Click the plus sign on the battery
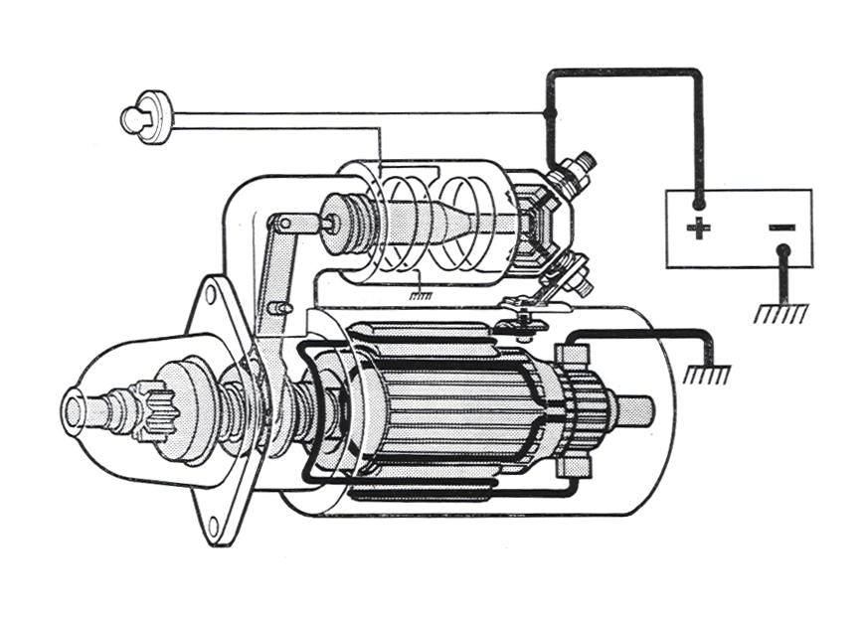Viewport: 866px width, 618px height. click(699, 229)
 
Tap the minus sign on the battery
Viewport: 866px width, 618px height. click(781, 228)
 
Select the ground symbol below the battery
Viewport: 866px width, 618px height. click(781, 313)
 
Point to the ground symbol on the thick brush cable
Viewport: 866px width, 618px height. click(707, 374)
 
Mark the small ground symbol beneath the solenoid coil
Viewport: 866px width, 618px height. click(422, 294)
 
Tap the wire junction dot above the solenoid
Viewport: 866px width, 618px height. click(549, 114)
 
